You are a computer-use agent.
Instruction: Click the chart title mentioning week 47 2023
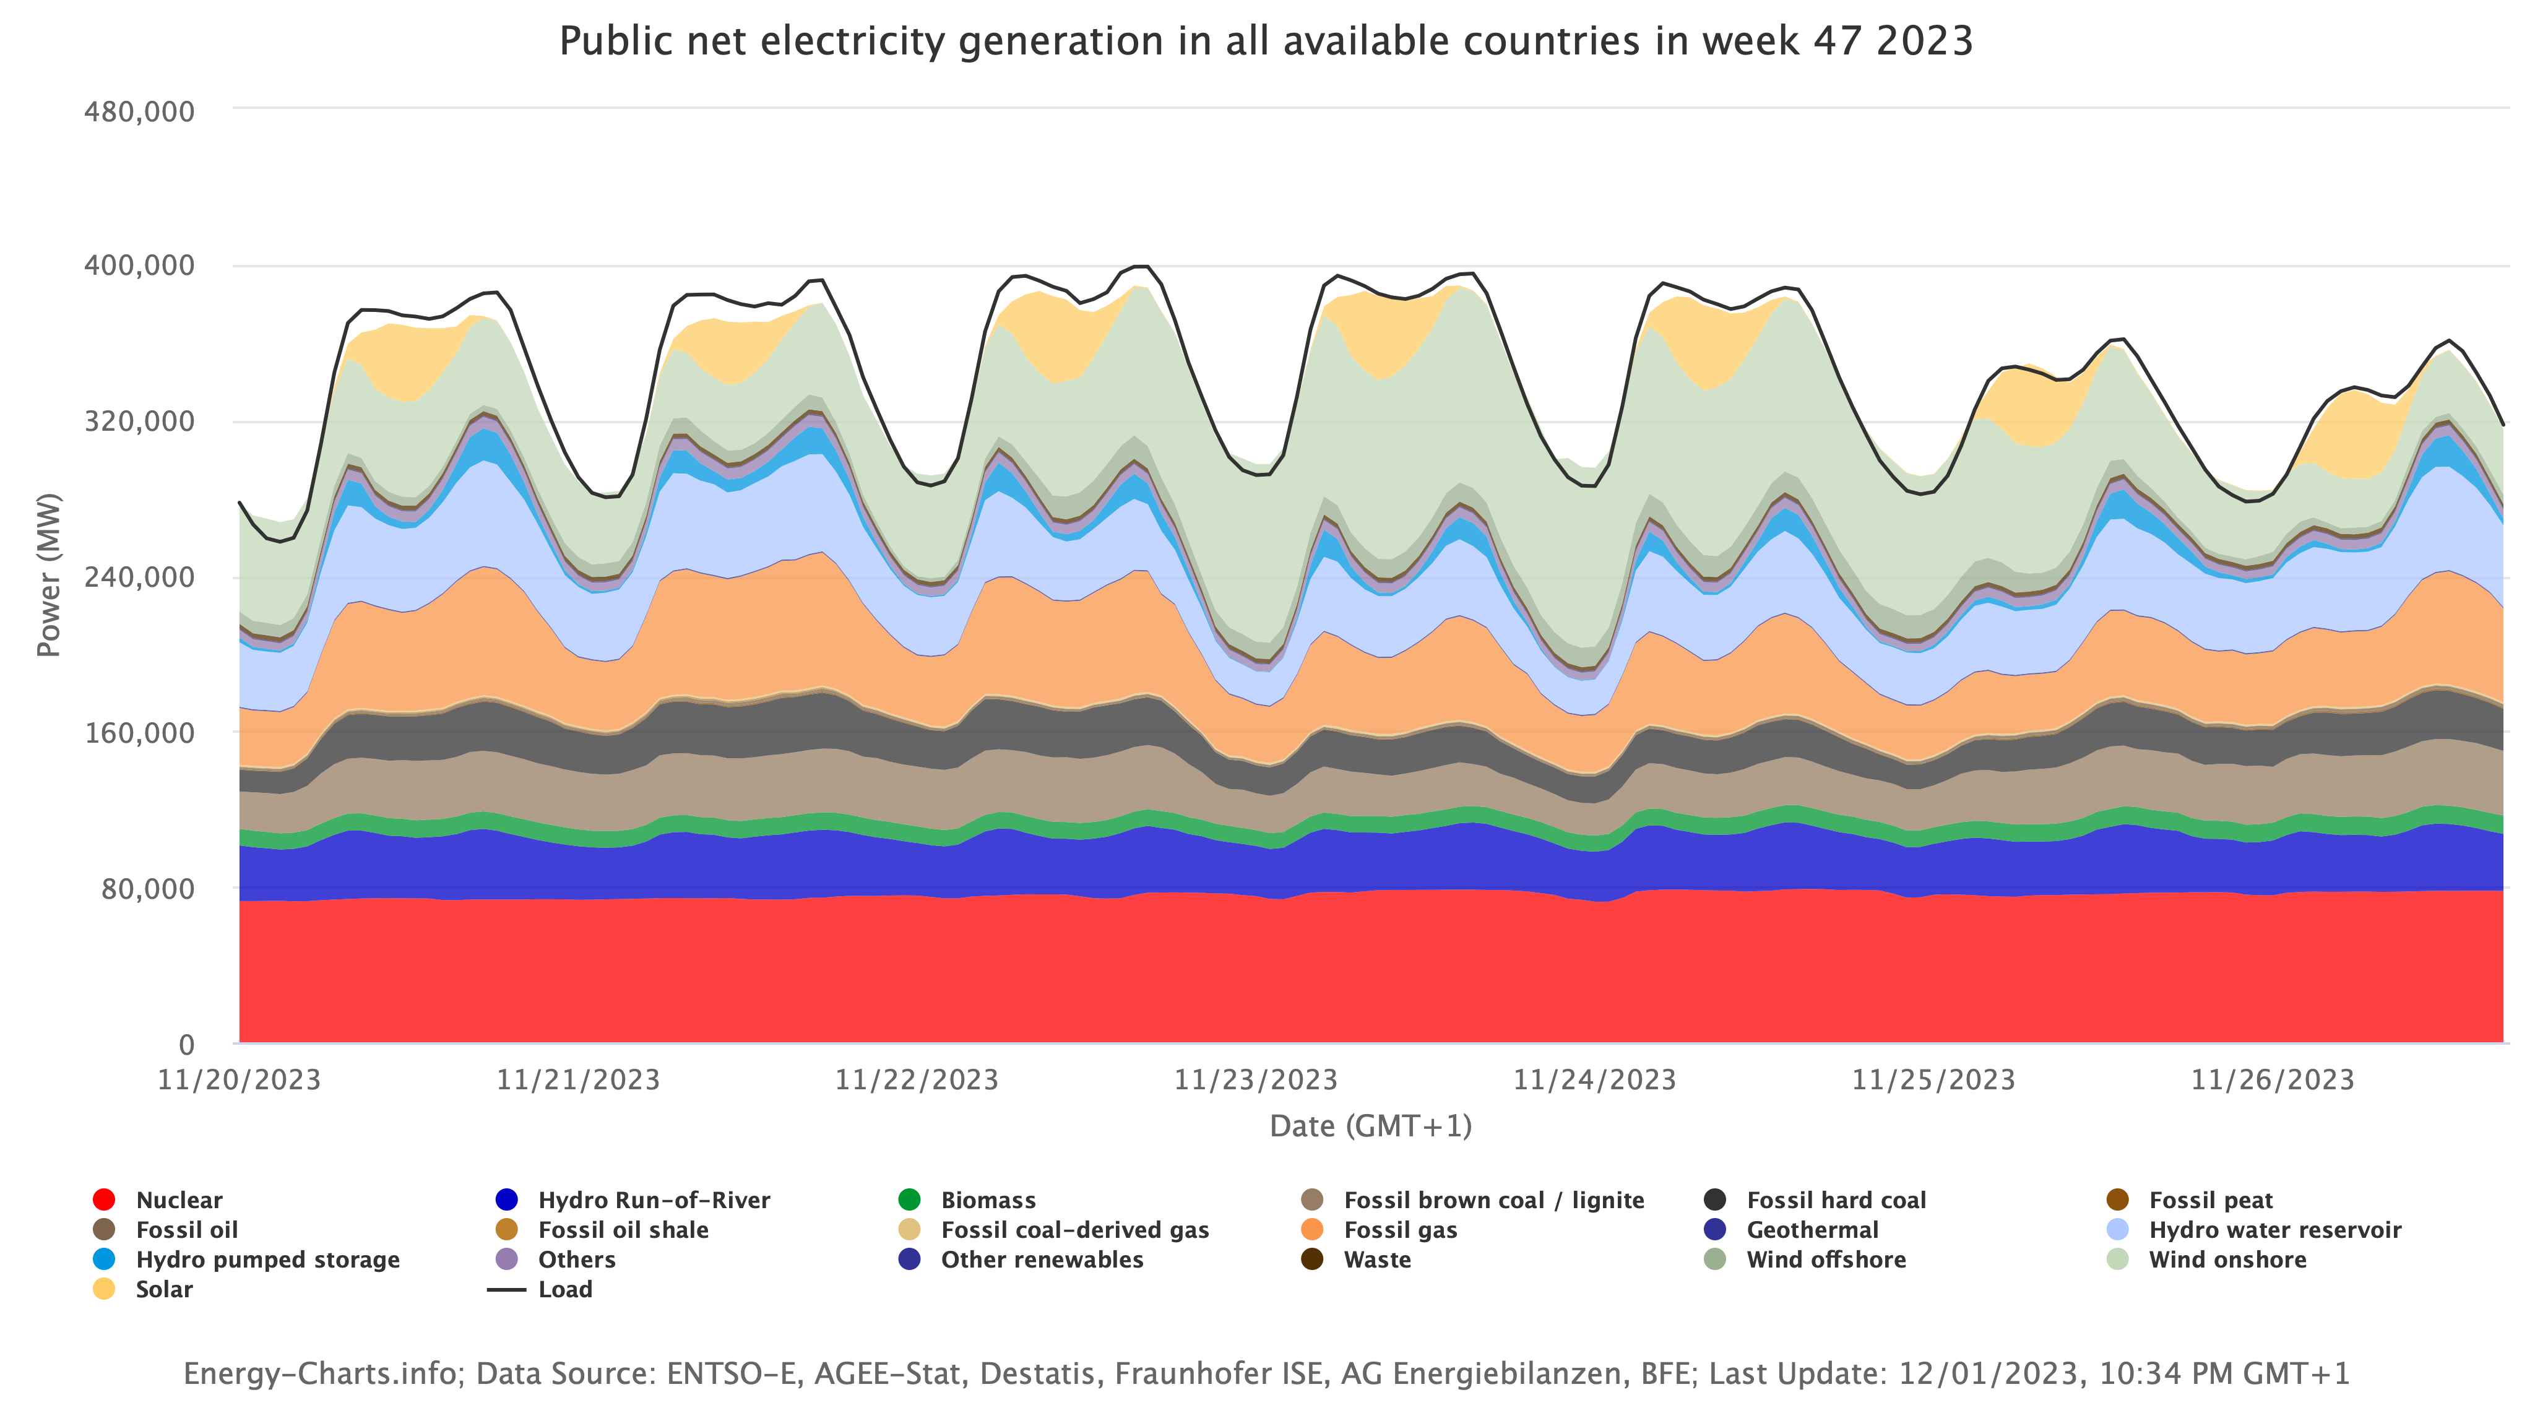1266,41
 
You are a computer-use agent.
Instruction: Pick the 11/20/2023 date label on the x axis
239,1079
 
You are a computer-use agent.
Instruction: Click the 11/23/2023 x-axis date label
1256,1079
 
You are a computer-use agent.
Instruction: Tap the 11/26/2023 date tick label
2272,1079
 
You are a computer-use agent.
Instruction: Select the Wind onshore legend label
2227,1260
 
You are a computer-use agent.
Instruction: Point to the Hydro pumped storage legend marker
103,1260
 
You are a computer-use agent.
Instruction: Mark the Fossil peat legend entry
2210,1199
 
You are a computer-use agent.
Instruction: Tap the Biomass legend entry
987,1199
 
